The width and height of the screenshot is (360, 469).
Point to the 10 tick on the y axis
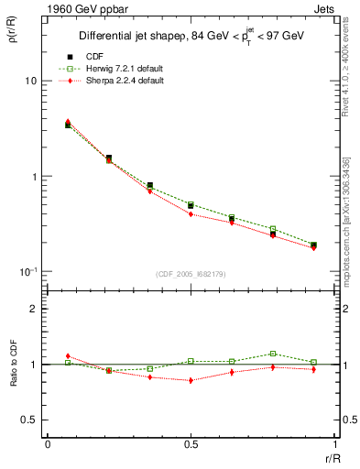click(x=31, y=82)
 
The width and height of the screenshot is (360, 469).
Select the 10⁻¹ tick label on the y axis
click(x=28, y=271)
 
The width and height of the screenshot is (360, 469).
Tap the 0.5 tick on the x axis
click(x=190, y=443)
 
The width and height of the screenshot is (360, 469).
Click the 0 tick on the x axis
click(x=47, y=443)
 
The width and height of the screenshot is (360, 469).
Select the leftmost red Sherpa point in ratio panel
click(x=68, y=356)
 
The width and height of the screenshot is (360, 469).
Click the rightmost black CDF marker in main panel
click(x=313, y=245)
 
